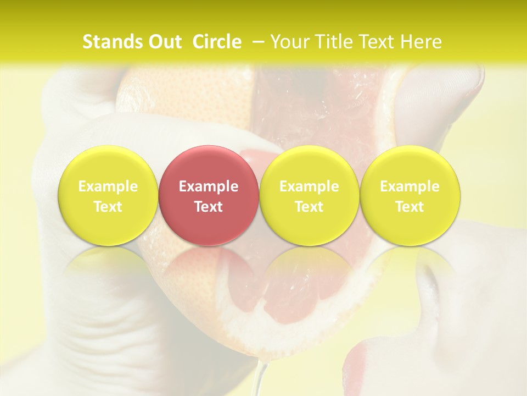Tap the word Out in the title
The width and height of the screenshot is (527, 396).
pos(164,42)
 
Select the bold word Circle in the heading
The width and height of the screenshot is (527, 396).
pos(217,42)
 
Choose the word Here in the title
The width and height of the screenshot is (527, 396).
pos(421,42)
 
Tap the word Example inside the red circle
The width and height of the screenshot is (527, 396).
pos(209,186)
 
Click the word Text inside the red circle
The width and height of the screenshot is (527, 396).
pos(209,207)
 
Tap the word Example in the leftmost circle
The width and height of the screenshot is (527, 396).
pos(108,186)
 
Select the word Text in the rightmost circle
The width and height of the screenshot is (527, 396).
pos(410,207)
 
